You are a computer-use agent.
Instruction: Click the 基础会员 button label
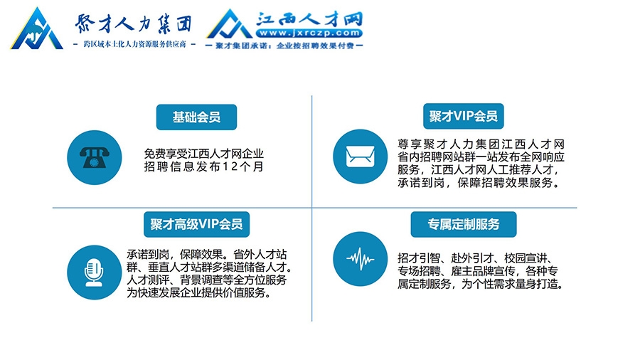[196, 117]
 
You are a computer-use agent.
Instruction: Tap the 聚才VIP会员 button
[463, 117]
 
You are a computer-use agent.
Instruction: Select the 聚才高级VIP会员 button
[196, 224]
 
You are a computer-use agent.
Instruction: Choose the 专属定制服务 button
[463, 224]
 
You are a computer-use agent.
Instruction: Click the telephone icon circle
[95, 157]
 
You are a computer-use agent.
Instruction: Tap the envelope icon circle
[360, 157]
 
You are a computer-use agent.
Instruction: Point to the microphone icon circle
[95, 272]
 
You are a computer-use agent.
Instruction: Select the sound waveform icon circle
[360, 259]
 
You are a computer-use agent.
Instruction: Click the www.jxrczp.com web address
[309, 33]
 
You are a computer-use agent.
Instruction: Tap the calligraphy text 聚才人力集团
[133, 23]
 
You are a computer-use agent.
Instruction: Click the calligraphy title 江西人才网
[309, 18]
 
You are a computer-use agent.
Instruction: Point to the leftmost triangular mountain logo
[37, 28]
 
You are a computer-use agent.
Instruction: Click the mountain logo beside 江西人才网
[230, 24]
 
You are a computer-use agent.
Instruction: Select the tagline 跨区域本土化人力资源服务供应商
[134, 44]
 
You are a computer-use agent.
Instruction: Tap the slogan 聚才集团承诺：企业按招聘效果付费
[284, 46]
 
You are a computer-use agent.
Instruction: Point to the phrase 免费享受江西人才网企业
[203, 154]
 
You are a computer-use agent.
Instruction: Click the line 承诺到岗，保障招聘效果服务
[479, 183]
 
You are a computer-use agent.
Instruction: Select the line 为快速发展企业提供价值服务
[198, 292]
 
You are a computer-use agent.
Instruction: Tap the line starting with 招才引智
[476, 258]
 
